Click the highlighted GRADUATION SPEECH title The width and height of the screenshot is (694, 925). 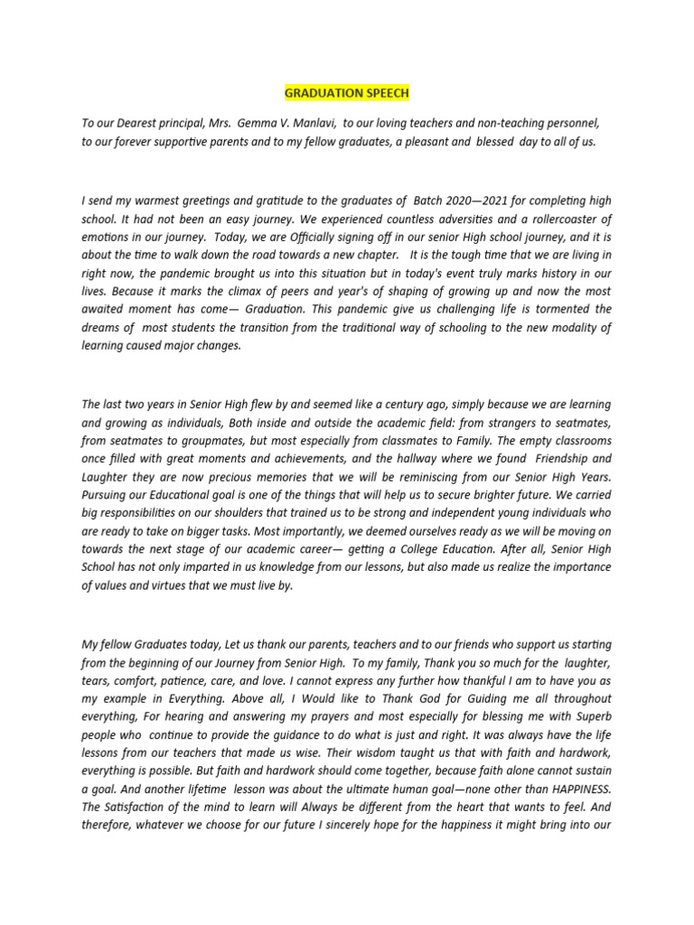pyautogui.click(x=346, y=93)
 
